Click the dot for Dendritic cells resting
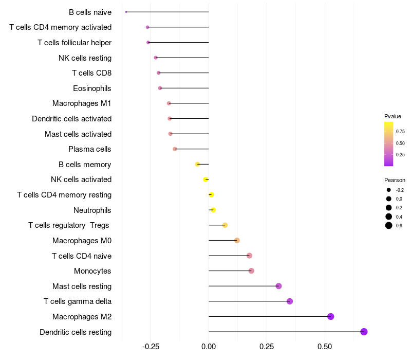click(364, 332)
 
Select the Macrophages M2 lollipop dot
click(330, 316)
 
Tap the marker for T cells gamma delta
click(289, 301)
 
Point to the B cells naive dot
click(126, 12)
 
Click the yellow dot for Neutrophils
click(213, 210)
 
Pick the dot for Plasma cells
click(175, 149)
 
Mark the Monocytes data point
click(251, 271)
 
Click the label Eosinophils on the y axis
click(92, 88)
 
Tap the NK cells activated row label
click(81, 179)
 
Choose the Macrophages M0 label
click(82, 241)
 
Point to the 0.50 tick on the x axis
click(324, 347)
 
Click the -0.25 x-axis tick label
click(151, 347)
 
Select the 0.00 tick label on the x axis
click(209, 347)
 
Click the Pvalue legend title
click(393, 116)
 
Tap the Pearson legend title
click(395, 181)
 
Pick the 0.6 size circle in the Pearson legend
click(389, 225)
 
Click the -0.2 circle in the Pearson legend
click(389, 190)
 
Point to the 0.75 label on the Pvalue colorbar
click(400, 132)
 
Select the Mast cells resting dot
click(278, 286)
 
